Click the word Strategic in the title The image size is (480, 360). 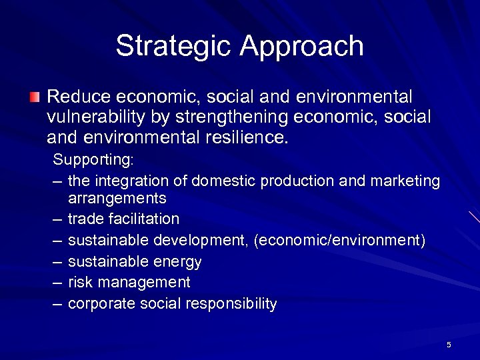point(175,46)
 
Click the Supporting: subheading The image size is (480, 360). point(93,160)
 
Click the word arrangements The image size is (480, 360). point(117,198)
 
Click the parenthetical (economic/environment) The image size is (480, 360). point(339,240)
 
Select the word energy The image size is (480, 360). point(179,261)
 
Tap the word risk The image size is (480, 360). point(80,282)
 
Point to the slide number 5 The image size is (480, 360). point(449,345)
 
